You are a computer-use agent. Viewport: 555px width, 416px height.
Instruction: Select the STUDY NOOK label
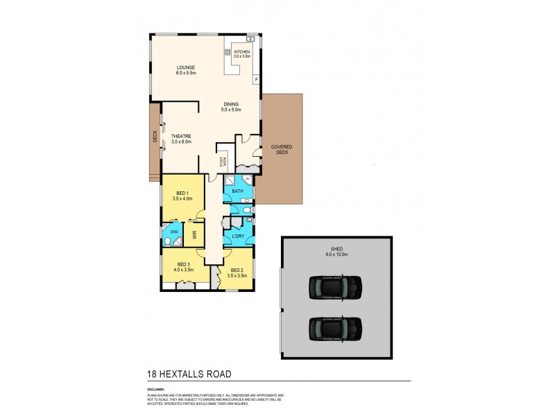223,161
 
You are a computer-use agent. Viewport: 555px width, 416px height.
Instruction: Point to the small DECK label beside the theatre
155,137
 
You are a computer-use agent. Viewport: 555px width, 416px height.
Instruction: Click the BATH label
238,191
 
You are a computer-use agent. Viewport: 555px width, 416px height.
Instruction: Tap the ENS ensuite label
175,232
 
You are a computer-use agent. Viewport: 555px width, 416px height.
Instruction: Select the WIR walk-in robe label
195,234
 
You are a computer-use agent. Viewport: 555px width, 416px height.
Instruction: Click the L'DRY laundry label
237,236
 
